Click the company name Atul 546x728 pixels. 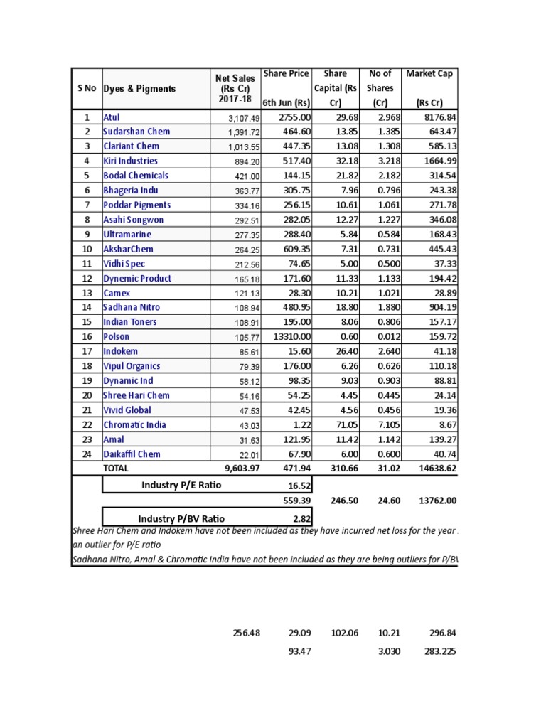coord(112,117)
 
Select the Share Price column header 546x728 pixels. coord(286,73)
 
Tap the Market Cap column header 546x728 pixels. coord(429,73)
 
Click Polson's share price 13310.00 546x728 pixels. coord(289,337)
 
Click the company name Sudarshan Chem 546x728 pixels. coord(136,132)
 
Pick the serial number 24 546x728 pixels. coord(87,454)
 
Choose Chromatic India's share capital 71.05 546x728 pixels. coord(346,425)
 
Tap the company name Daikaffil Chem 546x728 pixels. coord(132,454)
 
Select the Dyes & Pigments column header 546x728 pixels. coord(140,89)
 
